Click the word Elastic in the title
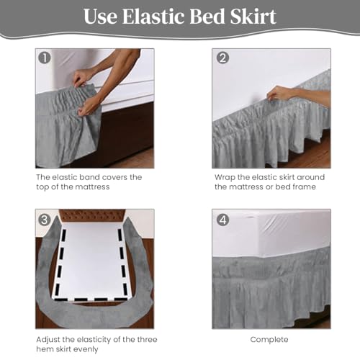pyautogui.click(x=153, y=17)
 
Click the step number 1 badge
pyautogui.click(x=45, y=58)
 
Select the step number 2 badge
pyautogui.click(x=222, y=58)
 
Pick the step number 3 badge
pyautogui.click(x=45, y=220)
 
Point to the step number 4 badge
pyautogui.click(x=222, y=220)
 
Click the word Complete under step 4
pyautogui.click(x=269, y=340)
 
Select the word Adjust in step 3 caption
pyautogui.click(x=48, y=340)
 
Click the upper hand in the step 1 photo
pyautogui.click(x=84, y=77)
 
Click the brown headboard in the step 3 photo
pyautogui.click(x=92, y=215)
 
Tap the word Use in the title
pyautogui.click(x=101, y=17)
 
